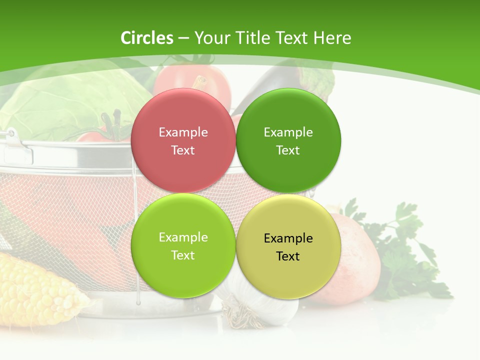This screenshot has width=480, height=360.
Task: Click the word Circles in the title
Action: [x=147, y=38]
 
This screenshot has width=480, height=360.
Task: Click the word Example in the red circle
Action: [x=183, y=132]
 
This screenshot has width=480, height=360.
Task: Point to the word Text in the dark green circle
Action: [x=288, y=150]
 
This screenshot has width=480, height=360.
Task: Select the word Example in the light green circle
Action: [x=183, y=237]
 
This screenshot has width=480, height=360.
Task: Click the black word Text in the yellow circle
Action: [x=288, y=256]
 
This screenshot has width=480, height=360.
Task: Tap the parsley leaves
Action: [x=405, y=250]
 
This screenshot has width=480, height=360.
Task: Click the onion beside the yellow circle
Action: [x=355, y=260]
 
